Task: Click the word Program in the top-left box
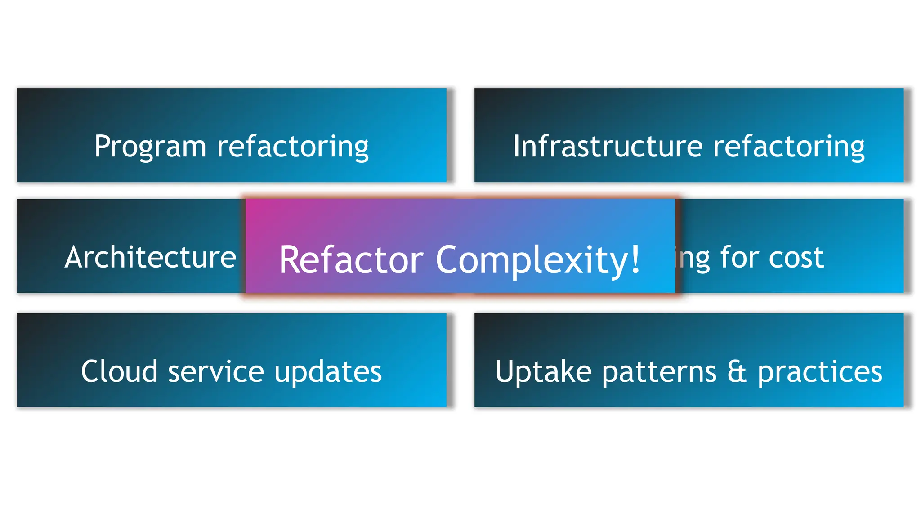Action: (x=150, y=147)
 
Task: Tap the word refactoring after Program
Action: (x=293, y=147)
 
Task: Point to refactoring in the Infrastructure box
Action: (x=789, y=147)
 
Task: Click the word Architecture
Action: (x=150, y=257)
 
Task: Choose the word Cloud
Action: (x=119, y=371)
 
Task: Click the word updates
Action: (x=328, y=372)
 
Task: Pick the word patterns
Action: (x=659, y=372)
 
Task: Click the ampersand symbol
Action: (x=737, y=372)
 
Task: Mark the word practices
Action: (x=820, y=372)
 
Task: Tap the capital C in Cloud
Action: (x=89, y=371)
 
